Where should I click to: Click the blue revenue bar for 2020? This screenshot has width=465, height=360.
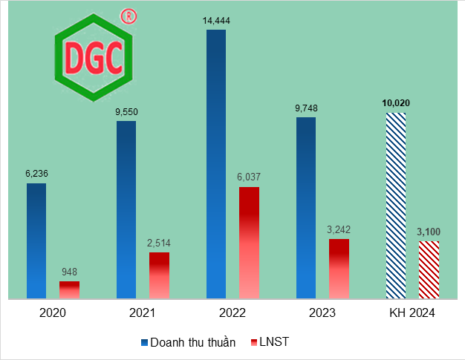tap(36, 240)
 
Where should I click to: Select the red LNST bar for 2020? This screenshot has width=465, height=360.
tap(69, 289)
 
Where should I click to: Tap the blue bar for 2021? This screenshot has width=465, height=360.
tap(126, 209)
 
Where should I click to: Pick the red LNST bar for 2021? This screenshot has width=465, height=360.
tap(159, 275)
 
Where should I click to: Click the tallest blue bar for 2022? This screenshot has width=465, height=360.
tap(215, 164)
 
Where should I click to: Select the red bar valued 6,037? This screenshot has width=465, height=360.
tap(249, 243)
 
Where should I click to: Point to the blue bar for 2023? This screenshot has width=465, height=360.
tap(305, 208)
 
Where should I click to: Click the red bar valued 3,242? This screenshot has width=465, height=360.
tap(339, 268)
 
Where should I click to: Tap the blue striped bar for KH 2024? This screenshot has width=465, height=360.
tap(395, 206)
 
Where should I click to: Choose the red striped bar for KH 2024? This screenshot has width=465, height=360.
tap(429, 269)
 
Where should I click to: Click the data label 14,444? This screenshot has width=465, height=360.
tap(215, 21)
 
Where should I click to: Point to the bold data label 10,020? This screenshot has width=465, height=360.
tap(395, 103)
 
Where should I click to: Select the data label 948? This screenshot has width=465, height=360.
tap(69, 272)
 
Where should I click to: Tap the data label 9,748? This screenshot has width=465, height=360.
tap(306, 108)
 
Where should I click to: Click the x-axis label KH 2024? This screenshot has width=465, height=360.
tap(412, 313)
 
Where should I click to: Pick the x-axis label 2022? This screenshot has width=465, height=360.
tap(232, 313)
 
